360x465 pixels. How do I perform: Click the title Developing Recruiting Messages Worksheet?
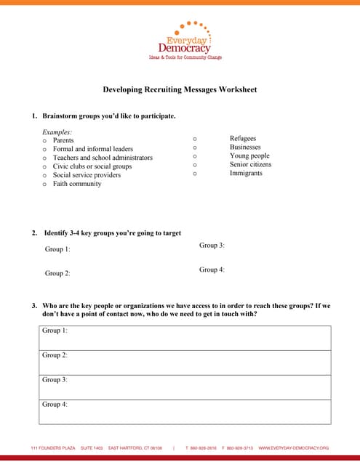click(180, 89)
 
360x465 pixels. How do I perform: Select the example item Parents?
click(63, 140)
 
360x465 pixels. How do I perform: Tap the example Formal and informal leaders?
click(93, 149)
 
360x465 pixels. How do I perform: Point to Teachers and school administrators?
click(103, 158)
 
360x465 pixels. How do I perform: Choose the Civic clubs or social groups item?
click(92, 166)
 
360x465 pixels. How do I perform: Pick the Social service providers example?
click(87, 175)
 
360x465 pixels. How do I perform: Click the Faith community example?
click(77, 184)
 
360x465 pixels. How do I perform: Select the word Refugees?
click(243, 138)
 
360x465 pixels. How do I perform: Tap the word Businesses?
click(244, 147)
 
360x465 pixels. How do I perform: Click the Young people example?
click(249, 155)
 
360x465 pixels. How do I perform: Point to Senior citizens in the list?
click(250, 164)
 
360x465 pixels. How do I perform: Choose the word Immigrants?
click(246, 173)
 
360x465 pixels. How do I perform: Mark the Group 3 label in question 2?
click(212, 246)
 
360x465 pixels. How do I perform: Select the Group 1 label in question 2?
click(57, 249)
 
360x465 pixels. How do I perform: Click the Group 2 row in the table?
click(185, 363)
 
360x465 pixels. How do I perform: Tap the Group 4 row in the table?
click(185, 411)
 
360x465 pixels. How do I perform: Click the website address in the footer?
click(294, 448)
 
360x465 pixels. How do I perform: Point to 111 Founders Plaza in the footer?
click(53, 448)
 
